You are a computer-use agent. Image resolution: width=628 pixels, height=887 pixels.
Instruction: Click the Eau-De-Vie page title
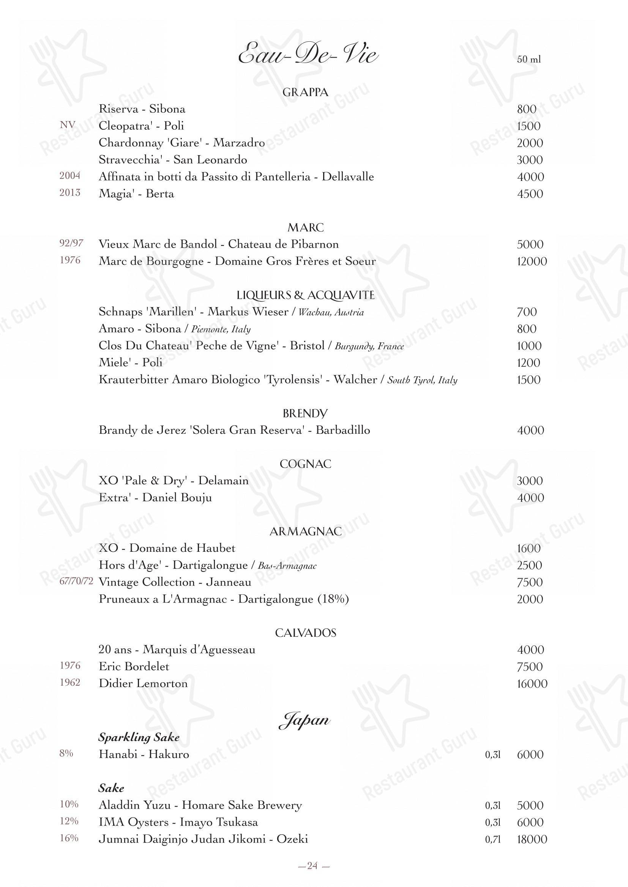308,55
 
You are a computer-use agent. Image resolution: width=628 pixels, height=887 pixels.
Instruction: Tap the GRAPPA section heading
305,92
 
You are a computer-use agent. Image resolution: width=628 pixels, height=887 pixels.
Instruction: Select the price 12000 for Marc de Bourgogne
532,262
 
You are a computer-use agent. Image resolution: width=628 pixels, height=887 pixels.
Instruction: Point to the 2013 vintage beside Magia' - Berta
70,193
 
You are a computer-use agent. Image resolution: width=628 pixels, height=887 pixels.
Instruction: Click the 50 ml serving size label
529,60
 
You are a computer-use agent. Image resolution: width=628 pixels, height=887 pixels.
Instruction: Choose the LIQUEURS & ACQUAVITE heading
305,295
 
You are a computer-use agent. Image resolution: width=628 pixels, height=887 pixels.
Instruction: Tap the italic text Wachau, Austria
331,312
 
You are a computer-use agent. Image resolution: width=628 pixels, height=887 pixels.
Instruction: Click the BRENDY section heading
305,413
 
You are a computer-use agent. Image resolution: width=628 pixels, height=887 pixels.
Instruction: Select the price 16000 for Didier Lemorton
532,684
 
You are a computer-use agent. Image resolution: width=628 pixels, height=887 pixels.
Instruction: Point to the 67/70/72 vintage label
76,582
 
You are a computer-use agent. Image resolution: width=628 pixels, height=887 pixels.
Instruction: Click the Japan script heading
305,720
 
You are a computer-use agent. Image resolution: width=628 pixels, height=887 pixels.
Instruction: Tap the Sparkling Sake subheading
139,738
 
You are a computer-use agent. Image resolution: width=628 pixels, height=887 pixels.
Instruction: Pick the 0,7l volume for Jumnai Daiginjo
493,840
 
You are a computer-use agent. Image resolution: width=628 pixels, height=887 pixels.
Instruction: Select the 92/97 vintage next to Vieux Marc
71,243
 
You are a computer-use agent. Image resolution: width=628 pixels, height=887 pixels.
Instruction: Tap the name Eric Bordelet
134,666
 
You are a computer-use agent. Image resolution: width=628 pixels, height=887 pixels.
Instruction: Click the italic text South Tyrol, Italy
422,380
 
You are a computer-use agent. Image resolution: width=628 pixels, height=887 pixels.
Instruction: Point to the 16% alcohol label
69,838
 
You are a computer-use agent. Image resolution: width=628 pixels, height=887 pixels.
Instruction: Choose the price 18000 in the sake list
532,840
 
